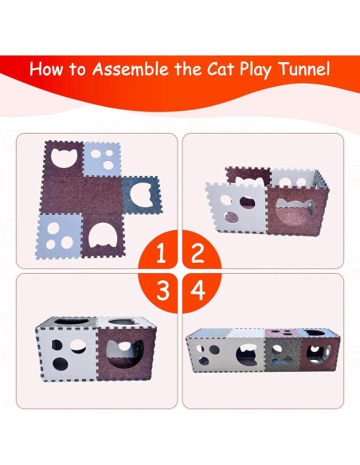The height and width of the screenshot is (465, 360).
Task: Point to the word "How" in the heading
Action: pyautogui.click(x=48, y=69)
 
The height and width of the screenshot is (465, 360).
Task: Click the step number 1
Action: pyautogui.click(x=162, y=254)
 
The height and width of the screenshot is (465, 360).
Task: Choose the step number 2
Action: pyautogui.click(x=197, y=254)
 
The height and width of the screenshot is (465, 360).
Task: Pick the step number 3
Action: pyautogui.click(x=162, y=290)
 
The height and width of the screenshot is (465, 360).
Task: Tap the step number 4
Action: pyautogui.click(x=197, y=290)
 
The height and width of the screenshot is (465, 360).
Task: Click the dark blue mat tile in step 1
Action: pyautogui.click(x=140, y=195)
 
